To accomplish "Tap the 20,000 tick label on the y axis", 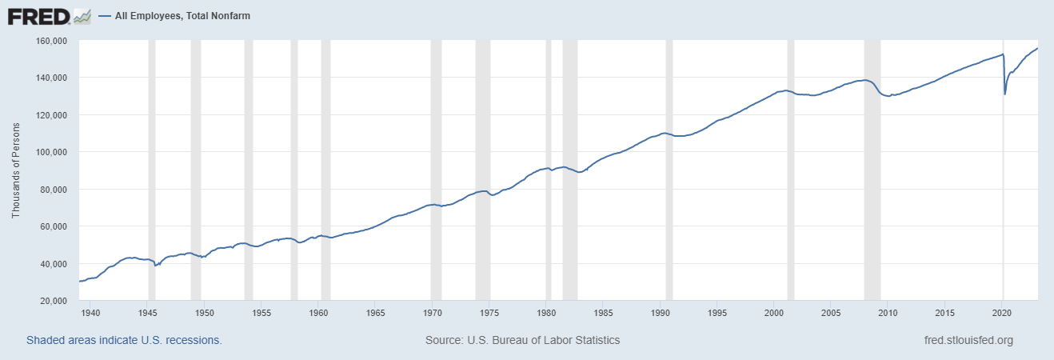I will coord(54,301).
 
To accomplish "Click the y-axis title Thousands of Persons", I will coord(16,170).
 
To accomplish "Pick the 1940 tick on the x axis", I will coord(90,313).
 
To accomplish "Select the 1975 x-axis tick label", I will coord(489,313).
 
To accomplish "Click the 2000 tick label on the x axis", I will coord(774,313).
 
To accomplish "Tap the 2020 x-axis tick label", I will coord(1003,313).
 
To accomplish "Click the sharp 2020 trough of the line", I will coord(1005,94).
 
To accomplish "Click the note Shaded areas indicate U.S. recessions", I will coord(124,340).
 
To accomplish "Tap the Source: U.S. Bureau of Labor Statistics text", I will coord(522,340).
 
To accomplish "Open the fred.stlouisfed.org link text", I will coord(968,340).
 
